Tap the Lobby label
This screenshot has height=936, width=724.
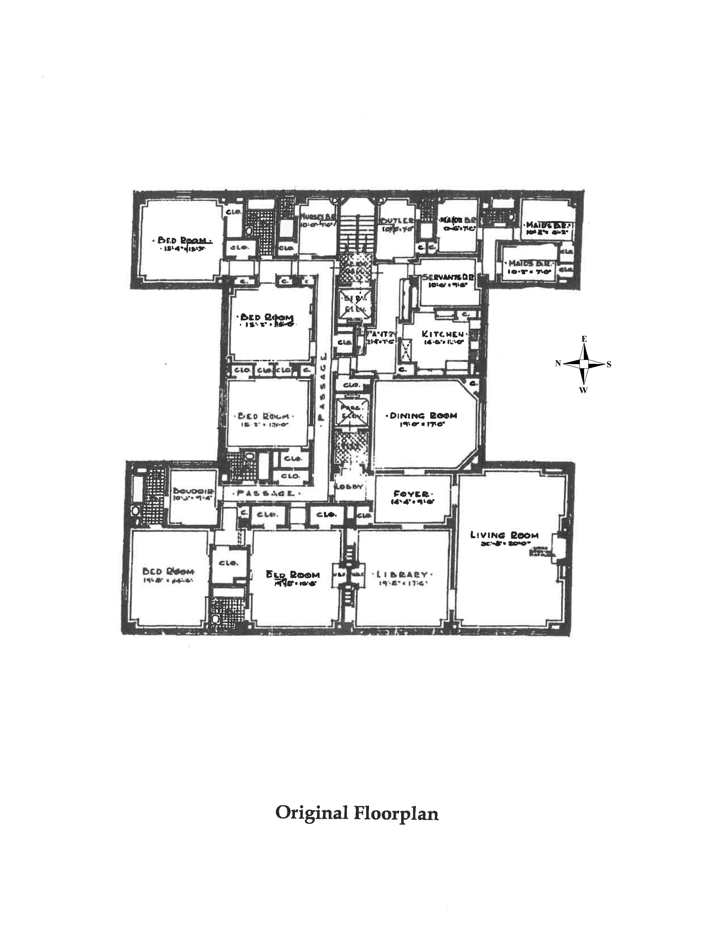(349, 487)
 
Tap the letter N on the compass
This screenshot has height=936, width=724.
(558, 363)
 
